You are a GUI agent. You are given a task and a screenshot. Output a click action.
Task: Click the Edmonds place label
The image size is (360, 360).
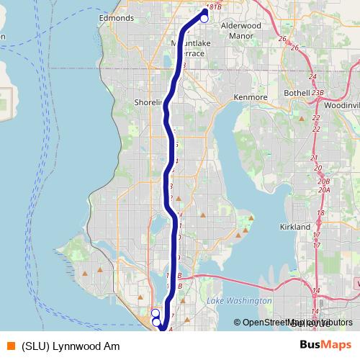click(x=117, y=17)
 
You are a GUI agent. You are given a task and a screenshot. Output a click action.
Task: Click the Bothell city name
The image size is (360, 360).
click(x=296, y=93)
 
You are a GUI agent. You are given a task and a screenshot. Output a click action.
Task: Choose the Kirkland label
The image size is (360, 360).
click(x=295, y=227)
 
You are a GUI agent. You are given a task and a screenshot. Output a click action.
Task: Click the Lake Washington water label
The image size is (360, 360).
click(x=238, y=300)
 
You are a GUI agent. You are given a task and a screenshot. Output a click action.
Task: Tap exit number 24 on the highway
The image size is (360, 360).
click(x=312, y=76)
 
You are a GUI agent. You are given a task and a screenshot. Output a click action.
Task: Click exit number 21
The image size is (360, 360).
click(x=313, y=158)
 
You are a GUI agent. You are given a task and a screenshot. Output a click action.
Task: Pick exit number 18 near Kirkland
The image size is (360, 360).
click(x=320, y=213)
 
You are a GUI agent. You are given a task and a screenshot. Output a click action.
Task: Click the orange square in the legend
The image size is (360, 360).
click(x=10, y=346)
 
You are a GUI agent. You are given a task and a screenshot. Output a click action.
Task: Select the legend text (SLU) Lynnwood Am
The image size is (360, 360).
click(x=70, y=346)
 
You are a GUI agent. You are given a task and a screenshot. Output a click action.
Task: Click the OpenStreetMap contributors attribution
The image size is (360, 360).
click(x=293, y=323)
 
